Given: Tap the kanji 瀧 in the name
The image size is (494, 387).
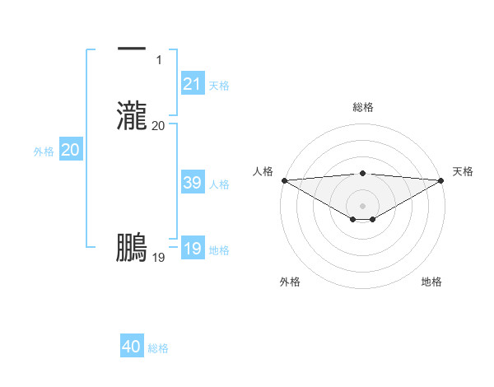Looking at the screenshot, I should [132, 115].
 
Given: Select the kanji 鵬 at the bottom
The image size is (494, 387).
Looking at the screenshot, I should [132, 248].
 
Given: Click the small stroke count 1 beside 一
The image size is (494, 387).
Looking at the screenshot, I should [159, 59].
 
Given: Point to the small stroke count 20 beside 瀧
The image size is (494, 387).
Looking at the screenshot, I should [159, 125].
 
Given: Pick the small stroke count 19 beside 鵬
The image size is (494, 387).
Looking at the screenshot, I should [159, 258].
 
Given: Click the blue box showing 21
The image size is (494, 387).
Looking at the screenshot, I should [193, 84].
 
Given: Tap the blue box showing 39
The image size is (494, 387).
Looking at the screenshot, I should [193, 184].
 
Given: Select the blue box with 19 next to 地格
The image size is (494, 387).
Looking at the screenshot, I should [193, 249].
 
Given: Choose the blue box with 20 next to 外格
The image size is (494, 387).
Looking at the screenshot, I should [70, 151].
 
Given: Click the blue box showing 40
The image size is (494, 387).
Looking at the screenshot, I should [132, 347].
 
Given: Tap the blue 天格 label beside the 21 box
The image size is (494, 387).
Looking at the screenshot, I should [219, 85].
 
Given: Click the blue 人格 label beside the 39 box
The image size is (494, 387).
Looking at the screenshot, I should [219, 184].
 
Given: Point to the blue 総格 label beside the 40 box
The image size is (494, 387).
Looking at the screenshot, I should [158, 348].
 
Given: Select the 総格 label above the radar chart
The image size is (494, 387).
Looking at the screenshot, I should [363, 107].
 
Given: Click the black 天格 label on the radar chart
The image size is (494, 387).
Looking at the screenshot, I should [463, 171].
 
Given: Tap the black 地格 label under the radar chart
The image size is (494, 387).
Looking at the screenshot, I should [431, 282].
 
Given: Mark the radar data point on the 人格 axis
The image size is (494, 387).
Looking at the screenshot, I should [284, 180].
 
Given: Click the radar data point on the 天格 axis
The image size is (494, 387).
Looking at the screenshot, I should [442, 180].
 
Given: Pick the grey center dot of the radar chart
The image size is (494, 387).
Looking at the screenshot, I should [363, 206].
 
